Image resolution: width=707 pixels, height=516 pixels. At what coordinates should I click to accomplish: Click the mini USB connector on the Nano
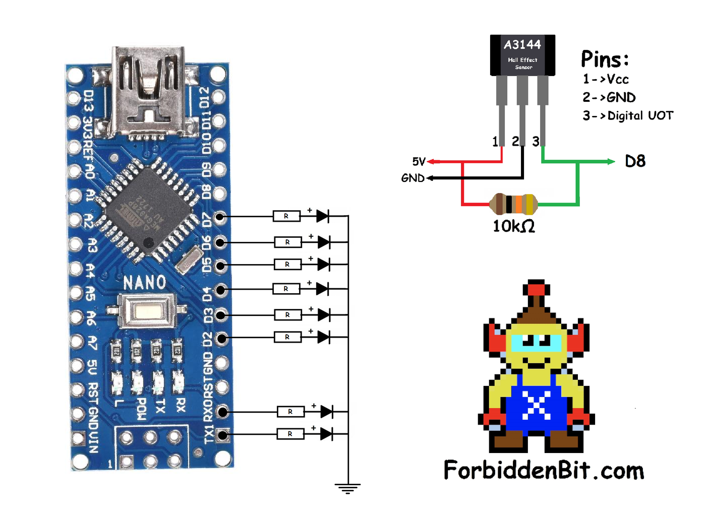point(148,93)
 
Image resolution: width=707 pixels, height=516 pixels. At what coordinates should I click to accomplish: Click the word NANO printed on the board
point(145,282)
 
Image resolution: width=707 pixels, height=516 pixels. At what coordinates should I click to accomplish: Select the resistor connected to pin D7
point(286,216)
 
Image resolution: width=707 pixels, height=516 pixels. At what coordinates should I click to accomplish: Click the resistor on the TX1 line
point(290,434)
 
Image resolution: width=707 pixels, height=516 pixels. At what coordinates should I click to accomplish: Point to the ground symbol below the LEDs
point(347,488)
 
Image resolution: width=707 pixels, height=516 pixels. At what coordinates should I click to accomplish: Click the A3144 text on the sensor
point(522,45)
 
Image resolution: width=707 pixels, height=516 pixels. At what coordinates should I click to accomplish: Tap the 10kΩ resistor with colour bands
point(513,204)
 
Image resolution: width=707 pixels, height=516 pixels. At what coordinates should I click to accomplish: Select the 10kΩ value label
point(513,226)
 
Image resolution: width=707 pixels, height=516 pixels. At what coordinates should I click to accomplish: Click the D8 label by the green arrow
point(635,161)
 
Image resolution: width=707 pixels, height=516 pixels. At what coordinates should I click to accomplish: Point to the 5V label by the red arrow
point(419,162)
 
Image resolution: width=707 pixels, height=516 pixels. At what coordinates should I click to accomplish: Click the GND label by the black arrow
point(413,178)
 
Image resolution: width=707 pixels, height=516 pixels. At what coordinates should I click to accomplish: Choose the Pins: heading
point(605,59)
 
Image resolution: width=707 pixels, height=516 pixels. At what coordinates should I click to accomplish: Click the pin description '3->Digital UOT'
point(628,116)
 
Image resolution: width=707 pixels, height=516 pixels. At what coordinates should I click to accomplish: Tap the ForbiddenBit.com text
point(544,471)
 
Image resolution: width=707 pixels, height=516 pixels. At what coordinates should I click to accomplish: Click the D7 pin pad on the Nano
point(220,217)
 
